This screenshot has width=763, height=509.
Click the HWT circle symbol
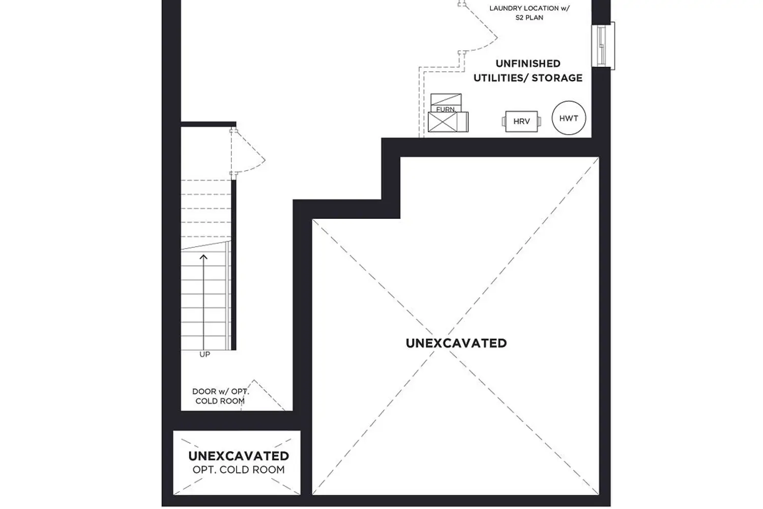(569, 118)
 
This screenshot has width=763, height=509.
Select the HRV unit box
(521, 122)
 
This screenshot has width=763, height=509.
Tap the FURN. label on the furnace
(445, 109)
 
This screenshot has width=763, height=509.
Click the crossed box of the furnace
(443, 122)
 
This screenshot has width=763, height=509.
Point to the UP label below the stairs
(204, 354)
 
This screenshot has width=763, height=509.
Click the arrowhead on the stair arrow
(203, 257)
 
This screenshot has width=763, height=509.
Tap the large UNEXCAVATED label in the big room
(456, 343)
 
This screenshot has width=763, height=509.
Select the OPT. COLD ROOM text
(239, 469)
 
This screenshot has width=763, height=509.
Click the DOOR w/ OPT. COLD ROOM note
(220, 396)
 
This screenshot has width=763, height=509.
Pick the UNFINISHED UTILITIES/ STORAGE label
(528, 71)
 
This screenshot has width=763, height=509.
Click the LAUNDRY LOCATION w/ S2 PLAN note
(530, 13)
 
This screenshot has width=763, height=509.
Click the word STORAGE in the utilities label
(557, 78)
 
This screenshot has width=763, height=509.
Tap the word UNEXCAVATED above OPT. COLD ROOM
(239, 456)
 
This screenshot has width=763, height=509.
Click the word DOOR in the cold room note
(204, 391)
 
